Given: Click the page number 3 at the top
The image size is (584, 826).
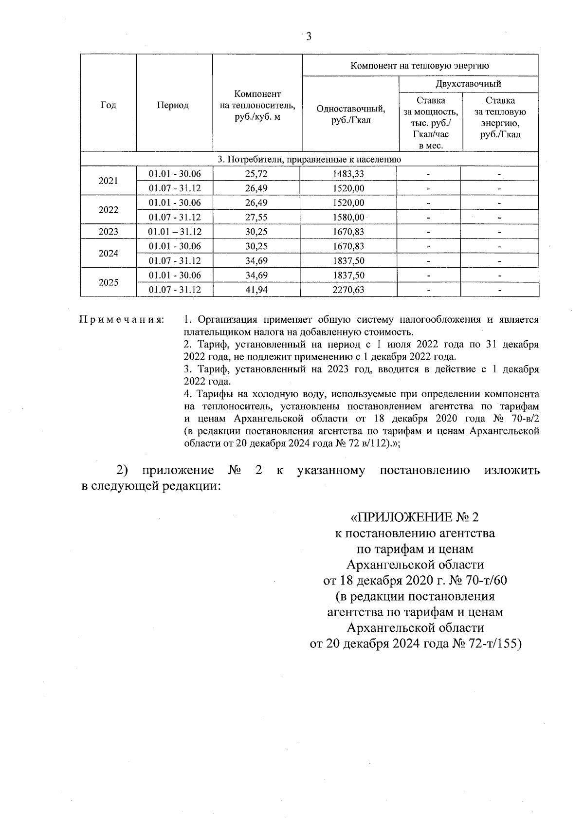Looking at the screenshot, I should pos(309,37).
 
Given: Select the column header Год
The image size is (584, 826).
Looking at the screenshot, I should pos(108,105).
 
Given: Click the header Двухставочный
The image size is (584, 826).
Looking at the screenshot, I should pos(468,84).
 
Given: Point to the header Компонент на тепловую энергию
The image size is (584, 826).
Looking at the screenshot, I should pos(420,66).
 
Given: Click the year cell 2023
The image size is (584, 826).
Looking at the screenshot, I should pos(108,232).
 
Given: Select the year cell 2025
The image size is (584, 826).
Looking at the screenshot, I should pos(108,282).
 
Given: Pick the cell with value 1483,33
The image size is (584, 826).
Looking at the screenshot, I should pos(348,174).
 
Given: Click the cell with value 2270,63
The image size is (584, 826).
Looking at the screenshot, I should pos(348,290).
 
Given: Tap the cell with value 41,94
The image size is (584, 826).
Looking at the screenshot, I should pos(256,290).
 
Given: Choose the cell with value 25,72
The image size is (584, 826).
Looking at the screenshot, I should pos(256,174).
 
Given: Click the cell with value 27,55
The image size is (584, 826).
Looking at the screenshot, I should pos(256,217).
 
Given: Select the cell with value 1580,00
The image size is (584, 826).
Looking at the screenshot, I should pos(348,217).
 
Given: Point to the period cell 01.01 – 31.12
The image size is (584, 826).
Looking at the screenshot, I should pos(175,232).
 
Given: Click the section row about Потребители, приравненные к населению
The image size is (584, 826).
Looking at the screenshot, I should pos(309,159).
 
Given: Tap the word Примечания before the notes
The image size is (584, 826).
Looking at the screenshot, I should pos(121,320).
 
